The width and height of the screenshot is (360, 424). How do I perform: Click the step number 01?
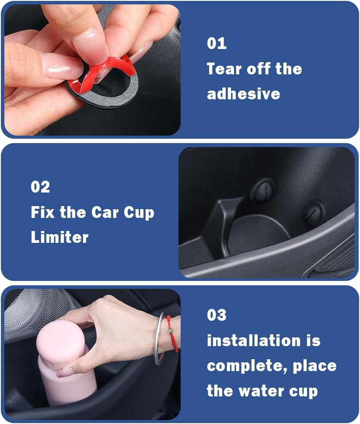pos(217,43)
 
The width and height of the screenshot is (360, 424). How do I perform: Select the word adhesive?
pos(243,94)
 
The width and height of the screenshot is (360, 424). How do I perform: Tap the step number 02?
pos(40,187)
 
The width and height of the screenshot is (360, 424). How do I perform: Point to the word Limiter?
pos(59,237)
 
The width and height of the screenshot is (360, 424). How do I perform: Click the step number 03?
pos(217,315)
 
